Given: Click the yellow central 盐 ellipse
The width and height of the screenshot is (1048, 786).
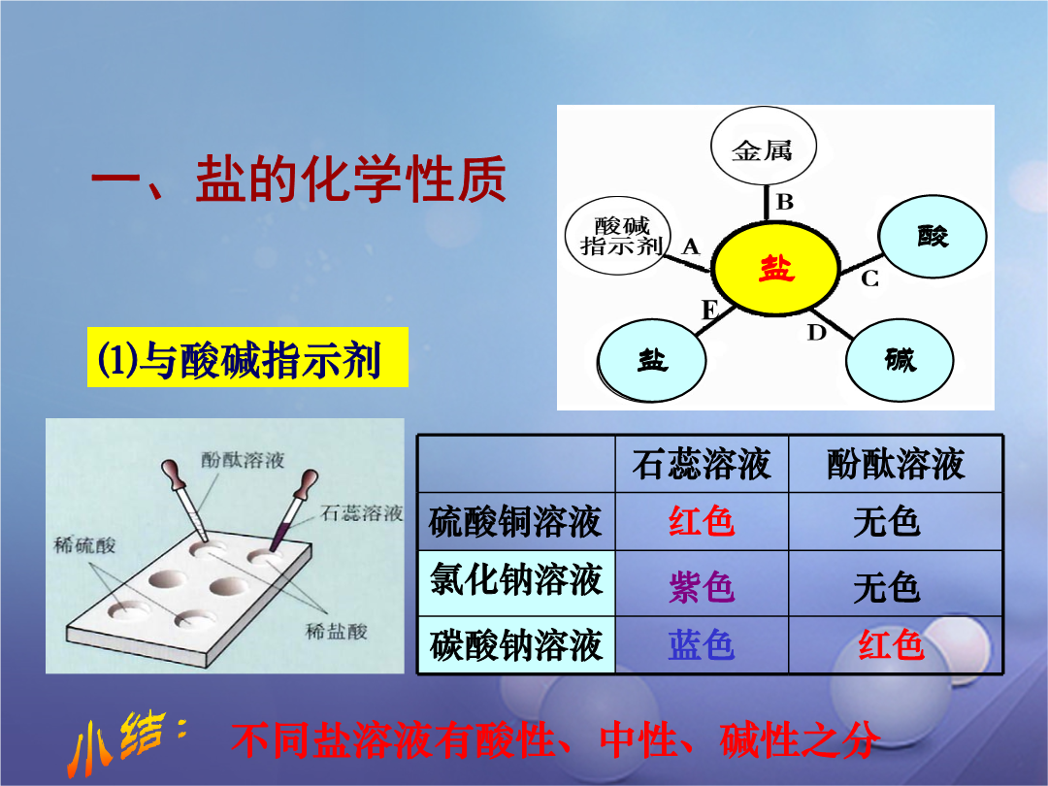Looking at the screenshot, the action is [776, 268].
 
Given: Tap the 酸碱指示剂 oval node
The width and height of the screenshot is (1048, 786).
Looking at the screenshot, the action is [617, 236].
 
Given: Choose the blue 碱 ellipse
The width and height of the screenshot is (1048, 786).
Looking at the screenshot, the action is [900, 360].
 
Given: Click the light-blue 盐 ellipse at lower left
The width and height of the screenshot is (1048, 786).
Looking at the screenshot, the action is [651, 361].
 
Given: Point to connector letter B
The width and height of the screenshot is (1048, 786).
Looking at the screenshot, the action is [785, 201].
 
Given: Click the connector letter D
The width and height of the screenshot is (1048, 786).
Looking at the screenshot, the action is [817, 332].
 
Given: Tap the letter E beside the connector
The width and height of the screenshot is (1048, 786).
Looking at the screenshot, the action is [709, 311].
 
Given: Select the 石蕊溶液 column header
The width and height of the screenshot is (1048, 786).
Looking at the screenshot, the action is [702, 464].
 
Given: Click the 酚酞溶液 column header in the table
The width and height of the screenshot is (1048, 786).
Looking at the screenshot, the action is [896, 464].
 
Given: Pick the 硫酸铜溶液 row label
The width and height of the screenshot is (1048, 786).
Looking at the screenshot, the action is [515, 522].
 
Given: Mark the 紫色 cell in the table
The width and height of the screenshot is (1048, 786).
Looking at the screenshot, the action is [702, 587].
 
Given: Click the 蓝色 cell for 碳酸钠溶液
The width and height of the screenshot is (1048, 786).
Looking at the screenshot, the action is [702, 645].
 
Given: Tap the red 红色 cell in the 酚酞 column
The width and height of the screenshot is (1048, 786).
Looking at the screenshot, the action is [891, 645].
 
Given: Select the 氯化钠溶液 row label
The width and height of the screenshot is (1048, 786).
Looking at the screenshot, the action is [516, 578].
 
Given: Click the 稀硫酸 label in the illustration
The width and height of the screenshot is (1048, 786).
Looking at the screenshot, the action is [84, 545].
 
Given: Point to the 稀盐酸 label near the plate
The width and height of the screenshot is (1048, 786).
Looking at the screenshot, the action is [336, 631].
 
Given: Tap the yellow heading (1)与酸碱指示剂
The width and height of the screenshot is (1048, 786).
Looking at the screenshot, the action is [247, 357].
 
